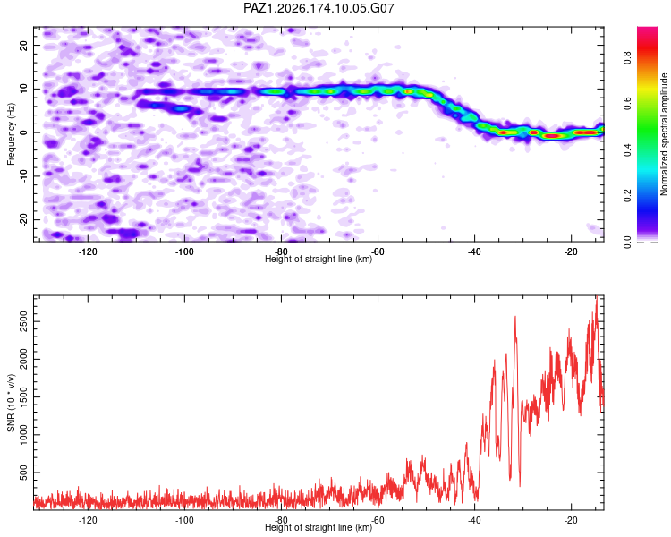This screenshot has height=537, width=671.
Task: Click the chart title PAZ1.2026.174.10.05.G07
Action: click(x=319, y=8)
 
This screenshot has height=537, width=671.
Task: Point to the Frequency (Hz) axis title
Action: click(x=11, y=133)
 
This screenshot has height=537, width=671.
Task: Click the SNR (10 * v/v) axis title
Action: click(x=11, y=403)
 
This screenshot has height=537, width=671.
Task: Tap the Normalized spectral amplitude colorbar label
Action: click(x=664, y=134)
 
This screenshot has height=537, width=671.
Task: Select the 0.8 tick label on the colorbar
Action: click(x=627, y=57)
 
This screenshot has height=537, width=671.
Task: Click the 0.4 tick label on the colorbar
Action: click(x=627, y=149)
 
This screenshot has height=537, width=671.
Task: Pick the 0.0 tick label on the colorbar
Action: click(x=627, y=243)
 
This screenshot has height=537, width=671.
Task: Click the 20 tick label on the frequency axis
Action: click(x=24, y=45)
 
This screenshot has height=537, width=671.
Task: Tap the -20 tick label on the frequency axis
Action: click(x=24, y=219)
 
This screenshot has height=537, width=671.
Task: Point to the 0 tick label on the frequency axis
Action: click(x=24, y=132)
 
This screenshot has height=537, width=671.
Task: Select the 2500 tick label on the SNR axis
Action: click(x=24, y=321)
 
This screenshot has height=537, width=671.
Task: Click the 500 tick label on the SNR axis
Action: click(x=24, y=473)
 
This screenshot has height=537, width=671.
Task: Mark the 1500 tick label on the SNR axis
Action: click(x=24, y=397)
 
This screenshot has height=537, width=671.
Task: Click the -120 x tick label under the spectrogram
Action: click(x=88, y=251)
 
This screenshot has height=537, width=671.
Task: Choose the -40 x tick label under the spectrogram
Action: click(x=474, y=251)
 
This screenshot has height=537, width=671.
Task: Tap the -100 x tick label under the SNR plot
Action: click(x=184, y=520)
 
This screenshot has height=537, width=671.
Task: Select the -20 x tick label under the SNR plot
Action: click(x=571, y=520)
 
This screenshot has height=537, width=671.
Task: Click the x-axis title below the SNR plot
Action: click(x=319, y=527)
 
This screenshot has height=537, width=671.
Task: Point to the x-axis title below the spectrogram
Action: click(x=319, y=259)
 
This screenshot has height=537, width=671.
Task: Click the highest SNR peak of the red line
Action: click(x=597, y=296)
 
